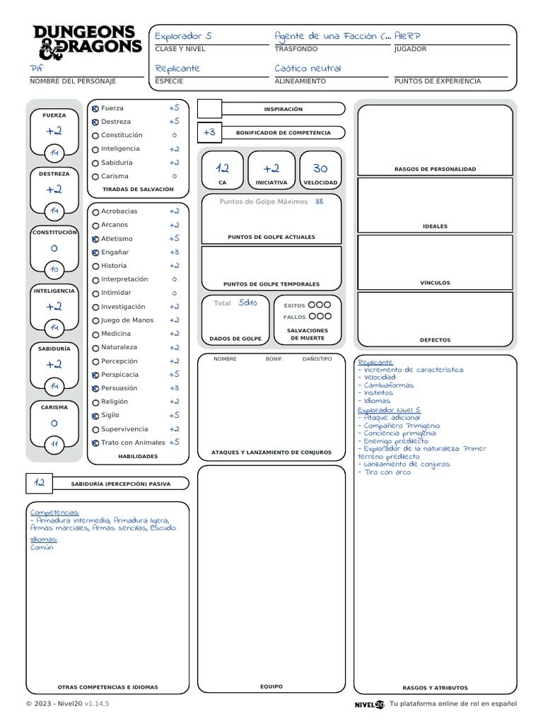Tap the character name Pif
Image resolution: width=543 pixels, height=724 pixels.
pos(37,69)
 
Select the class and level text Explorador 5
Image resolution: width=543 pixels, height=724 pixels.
pos(183,36)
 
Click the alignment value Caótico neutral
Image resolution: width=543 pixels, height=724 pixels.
pos(308,69)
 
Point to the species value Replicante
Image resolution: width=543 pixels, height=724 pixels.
pos(177,69)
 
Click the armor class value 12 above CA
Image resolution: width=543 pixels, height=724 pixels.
pos(222,168)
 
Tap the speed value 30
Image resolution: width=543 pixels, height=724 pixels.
pos(320,168)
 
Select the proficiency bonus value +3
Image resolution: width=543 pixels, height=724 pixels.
pos(209,132)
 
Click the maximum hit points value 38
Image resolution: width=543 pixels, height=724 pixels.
pos(319,202)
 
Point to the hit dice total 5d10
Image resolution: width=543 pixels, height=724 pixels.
pos(247,303)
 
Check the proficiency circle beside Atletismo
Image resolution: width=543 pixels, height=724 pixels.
pos(95,239)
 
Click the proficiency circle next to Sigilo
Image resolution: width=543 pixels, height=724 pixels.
pos(95,416)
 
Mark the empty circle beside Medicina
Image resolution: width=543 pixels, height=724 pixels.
pos(95,334)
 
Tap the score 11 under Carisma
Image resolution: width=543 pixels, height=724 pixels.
pos(54,444)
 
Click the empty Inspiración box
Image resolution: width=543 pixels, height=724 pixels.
pos(209,109)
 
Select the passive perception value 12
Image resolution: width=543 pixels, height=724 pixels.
pos(40,483)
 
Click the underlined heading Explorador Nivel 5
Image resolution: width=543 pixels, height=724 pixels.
pos(389,410)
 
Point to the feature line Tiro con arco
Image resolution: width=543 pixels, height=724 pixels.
pos(387,472)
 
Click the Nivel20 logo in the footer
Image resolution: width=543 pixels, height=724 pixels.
pos(369,704)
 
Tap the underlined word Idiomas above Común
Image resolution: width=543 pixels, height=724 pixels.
pos(43,539)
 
